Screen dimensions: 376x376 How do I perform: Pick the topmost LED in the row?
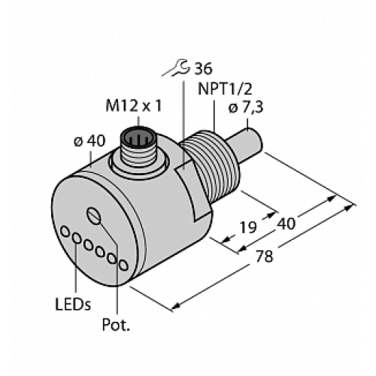pyautogui.click(x=65, y=231)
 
